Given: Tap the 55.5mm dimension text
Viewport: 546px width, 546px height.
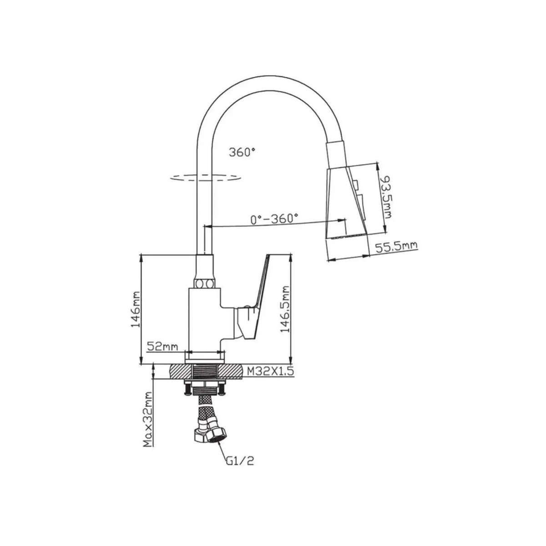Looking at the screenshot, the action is click(x=396, y=247).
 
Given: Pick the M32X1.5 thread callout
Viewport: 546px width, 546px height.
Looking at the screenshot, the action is click(x=269, y=371).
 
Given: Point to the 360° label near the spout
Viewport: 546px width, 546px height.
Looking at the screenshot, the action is click(x=242, y=152).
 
